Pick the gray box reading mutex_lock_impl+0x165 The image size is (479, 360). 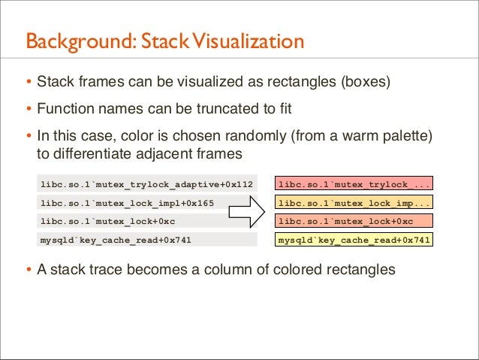(x=147, y=203)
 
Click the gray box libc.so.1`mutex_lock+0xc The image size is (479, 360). (x=147, y=222)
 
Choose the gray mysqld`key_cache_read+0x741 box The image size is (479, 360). (x=147, y=241)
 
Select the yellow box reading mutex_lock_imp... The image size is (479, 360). (x=354, y=203)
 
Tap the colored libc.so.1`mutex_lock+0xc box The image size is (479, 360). (x=354, y=222)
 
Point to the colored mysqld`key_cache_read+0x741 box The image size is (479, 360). (x=354, y=241)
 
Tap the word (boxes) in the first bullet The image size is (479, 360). (x=363, y=80)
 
